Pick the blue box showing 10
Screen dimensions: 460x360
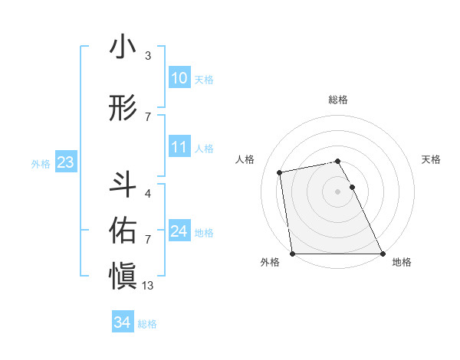tap(179, 79)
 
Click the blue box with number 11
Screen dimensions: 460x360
tap(179, 148)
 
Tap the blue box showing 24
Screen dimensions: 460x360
tap(179, 232)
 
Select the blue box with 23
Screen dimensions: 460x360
tap(65, 163)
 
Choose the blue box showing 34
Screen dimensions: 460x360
tap(122, 323)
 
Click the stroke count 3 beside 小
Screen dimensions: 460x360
tap(148, 56)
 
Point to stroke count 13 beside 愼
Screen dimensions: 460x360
tap(148, 286)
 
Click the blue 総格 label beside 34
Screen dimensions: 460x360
tap(147, 324)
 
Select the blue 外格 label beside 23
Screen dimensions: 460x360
tap(41, 164)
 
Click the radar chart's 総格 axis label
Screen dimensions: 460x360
tap(338, 100)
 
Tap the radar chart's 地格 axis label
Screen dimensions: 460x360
tap(402, 263)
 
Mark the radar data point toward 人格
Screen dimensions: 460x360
tap(281, 172)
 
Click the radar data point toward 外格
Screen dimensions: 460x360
tap(292, 254)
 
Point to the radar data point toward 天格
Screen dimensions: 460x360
tap(353, 187)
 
